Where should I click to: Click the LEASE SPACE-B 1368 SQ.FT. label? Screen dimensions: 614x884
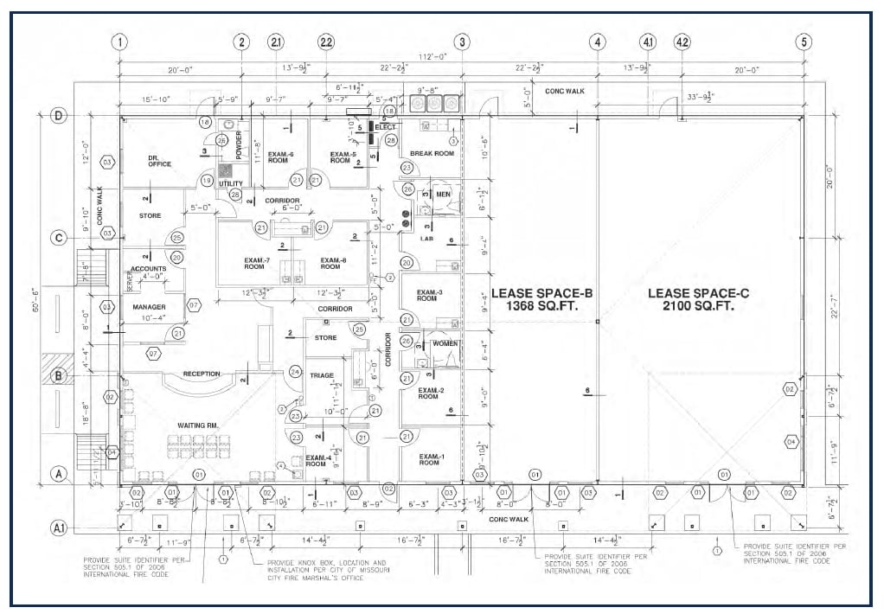pyautogui.click(x=534, y=299)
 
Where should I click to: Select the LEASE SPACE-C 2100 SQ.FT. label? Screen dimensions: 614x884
pyautogui.click(x=698, y=299)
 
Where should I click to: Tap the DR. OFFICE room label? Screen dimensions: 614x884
pyautogui.click(x=160, y=160)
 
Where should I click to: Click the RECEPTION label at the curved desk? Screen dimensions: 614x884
pyautogui.click(x=201, y=374)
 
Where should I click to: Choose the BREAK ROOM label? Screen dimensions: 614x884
pyautogui.click(x=432, y=153)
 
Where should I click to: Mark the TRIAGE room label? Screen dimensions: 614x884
pyautogui.click(x=322, y=375)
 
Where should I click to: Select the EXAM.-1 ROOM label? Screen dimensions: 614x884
pyautogui.click(x=431, y=459)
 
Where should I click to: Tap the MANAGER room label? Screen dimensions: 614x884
pyautogui.click(x=149, y=307)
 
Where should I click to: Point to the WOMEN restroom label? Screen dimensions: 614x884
pyautogui.click(x=445, y=343)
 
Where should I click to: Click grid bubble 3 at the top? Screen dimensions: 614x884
pyautogui.click(x=463, y=42)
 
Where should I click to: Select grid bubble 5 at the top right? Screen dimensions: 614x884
pyautogui.click(x=805, y=42)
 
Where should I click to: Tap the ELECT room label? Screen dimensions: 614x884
pyautogui.click(x=385, y=127)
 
